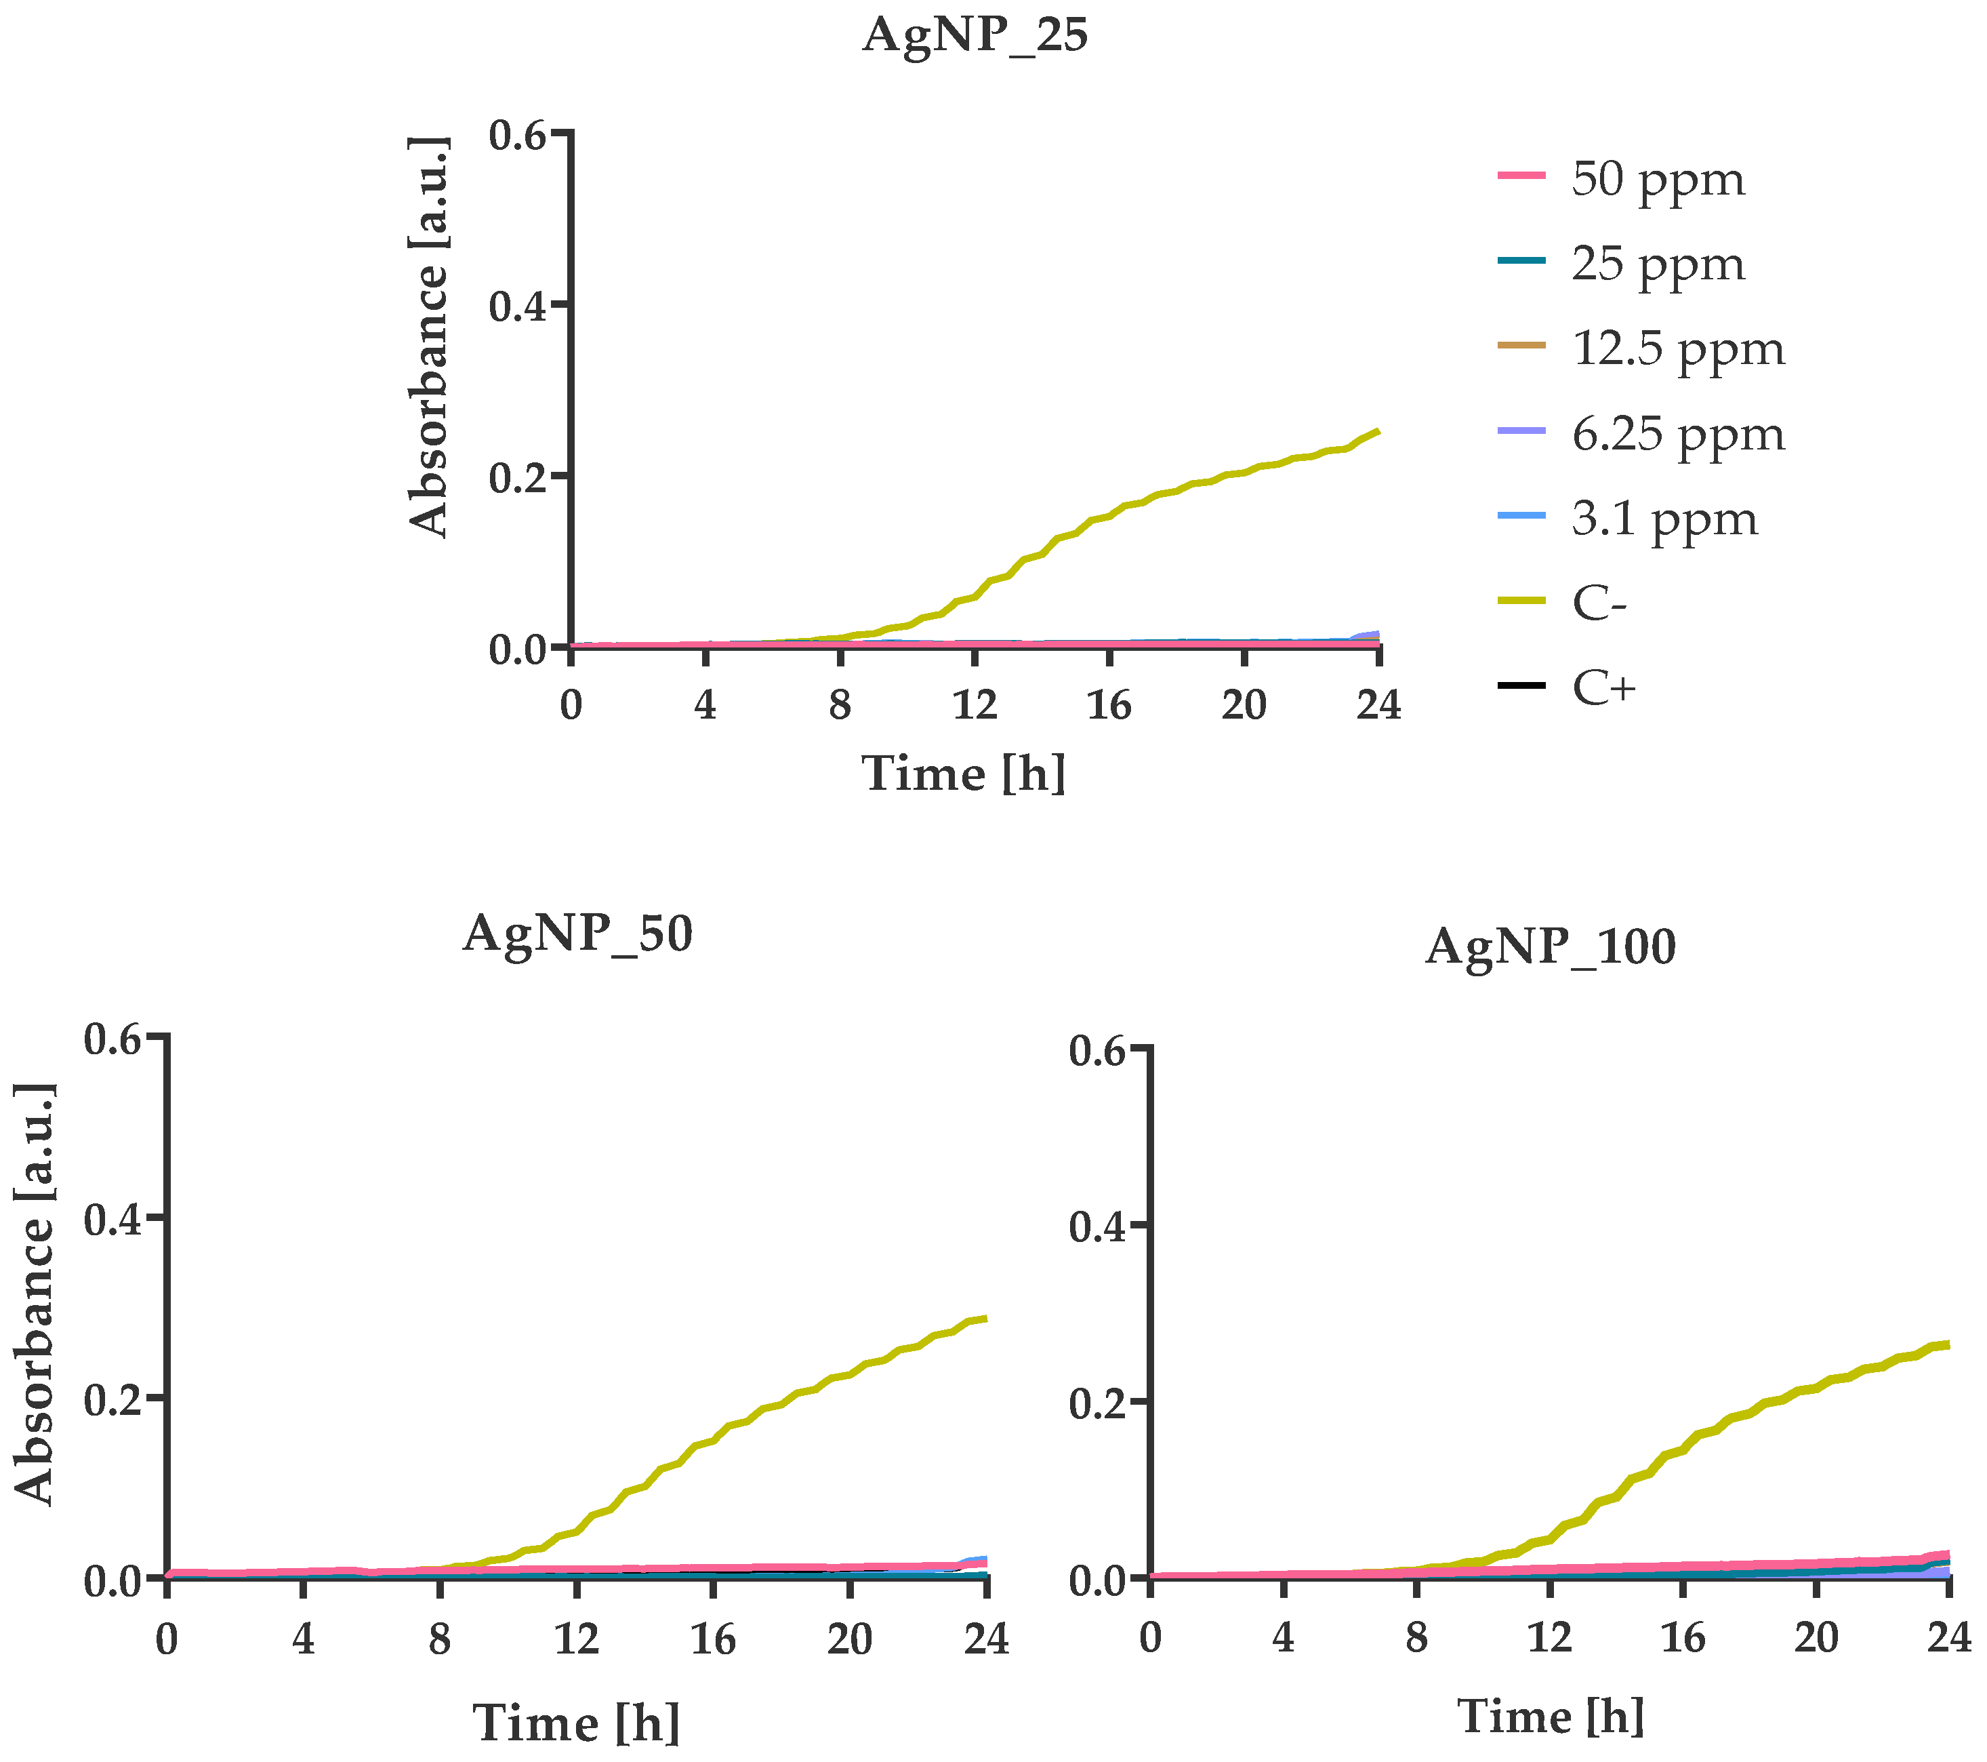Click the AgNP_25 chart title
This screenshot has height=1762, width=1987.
pyautogui.click(x=975, y=36)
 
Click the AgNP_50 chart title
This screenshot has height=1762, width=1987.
pyautogui.click(x=577, y=934)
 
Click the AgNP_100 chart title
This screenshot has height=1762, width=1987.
pyautogui.click(x=1551, y=947)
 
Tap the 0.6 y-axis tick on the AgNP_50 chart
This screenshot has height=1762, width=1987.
pyautogui.click(x=112, y=1039)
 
